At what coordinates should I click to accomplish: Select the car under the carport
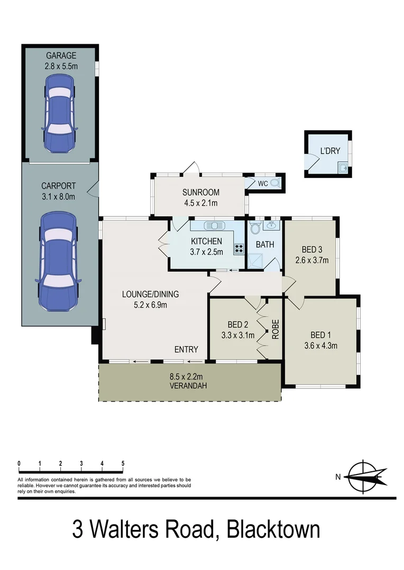(58, 261)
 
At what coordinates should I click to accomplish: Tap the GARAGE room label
(61, 55)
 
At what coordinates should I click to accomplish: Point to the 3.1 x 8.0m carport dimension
(58, 197)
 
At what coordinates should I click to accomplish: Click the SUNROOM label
(200, 192)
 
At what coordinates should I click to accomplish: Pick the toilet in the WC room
(274, 183)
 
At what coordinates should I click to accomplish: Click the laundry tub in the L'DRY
(343, 168)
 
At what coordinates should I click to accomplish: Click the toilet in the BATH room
(255, 228)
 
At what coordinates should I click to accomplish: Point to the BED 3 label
(311, 249)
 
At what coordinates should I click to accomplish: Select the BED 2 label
(238, 324)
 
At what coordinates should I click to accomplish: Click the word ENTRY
(186, 349)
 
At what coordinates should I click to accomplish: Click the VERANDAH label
(188, 386)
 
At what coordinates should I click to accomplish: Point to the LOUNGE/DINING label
(151, 294)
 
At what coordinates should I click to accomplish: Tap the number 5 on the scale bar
(123, 463)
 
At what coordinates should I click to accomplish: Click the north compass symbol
(364, 477)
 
